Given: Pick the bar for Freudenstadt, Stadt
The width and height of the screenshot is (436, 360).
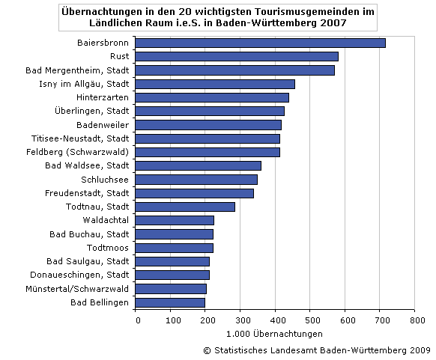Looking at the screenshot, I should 196,193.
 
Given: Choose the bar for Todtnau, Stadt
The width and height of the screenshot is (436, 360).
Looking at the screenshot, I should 187,207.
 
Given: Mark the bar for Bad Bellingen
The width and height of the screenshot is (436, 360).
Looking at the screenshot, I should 172,302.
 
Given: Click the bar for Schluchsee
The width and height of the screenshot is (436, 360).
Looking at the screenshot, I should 198,180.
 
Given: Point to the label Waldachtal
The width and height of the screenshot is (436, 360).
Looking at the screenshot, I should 106,220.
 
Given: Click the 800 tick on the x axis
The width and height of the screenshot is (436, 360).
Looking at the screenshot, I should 414,320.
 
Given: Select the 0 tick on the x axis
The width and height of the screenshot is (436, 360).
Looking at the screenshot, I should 138,320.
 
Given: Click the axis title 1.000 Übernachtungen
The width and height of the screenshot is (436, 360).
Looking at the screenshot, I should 276,334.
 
